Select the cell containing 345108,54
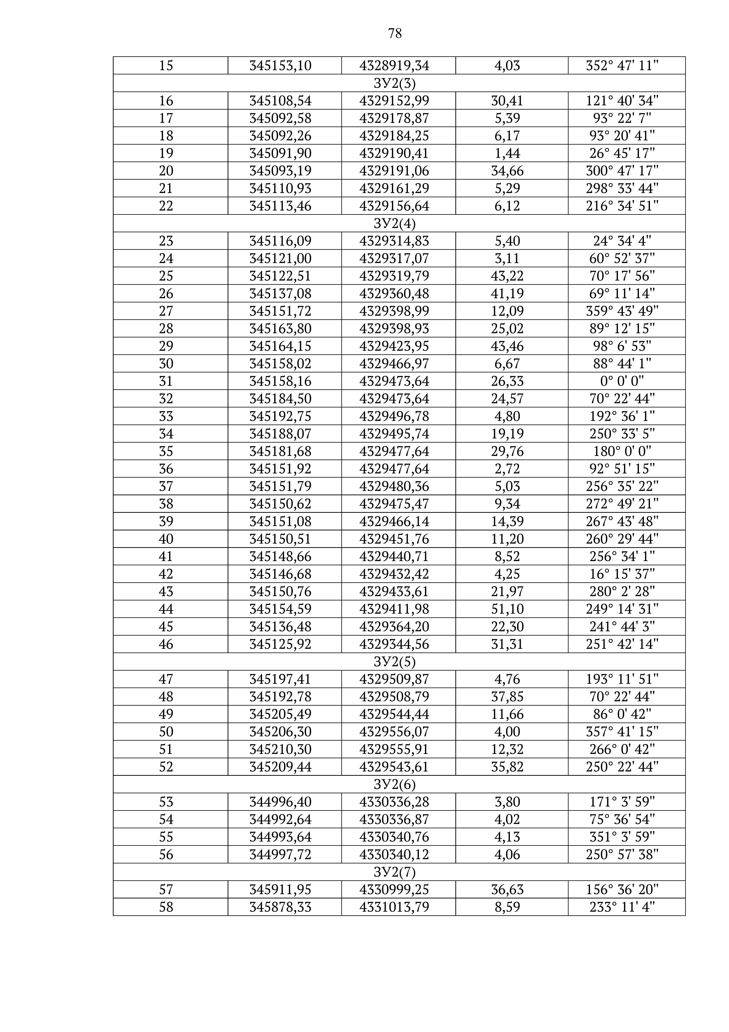(x=280, y=101)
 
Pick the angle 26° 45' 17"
(x=622, y=153)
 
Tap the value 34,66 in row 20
(x=507, y=171)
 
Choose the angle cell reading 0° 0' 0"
(x=622, y=381)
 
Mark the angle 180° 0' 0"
(x=622, y=451)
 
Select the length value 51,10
(x=507, y=609)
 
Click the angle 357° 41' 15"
(x=622, y=732)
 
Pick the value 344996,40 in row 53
(x=280, y=802)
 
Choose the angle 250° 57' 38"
(x=622, y=854)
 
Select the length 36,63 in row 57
(x=507, y=889)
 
